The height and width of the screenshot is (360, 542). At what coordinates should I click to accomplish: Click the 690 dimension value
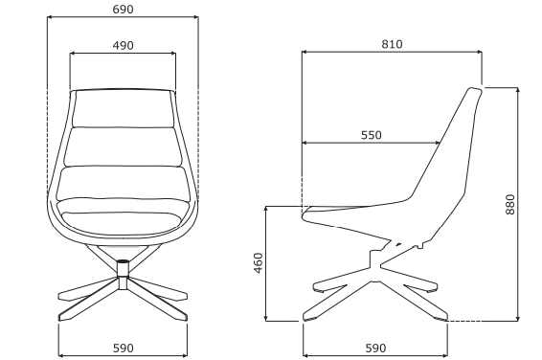coord(123,10)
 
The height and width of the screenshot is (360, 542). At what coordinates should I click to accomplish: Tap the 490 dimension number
coord(123,46)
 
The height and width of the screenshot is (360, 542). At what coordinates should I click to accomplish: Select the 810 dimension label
coord(392,44)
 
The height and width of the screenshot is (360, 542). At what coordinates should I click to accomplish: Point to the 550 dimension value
coord(372,135)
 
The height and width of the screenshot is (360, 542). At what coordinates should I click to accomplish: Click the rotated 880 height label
coord(510,205)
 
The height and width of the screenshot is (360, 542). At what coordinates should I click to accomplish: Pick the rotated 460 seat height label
coord(259,263)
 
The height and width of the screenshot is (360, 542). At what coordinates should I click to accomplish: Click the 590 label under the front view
coord(124,348)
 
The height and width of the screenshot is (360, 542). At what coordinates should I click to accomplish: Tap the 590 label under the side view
coord(375,348)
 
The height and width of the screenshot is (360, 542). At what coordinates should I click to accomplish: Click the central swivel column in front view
coord(123,274)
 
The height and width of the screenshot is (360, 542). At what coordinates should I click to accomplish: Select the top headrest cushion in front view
coord(123,108)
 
